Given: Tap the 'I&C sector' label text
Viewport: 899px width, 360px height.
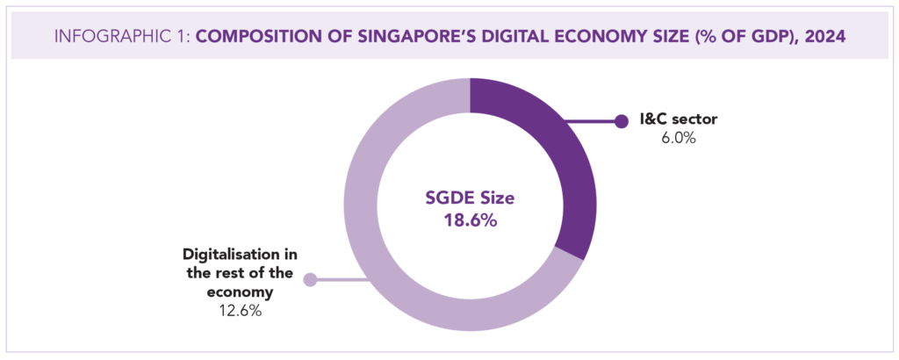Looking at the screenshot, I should click(x=670, y=119).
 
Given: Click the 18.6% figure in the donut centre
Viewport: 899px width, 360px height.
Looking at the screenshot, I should click(x=470, y=220).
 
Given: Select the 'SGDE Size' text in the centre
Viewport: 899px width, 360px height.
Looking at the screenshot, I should click(x=470, y=198).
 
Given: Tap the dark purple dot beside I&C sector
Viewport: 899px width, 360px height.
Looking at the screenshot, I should click(x=622, y=121).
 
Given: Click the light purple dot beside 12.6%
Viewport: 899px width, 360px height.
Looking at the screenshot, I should click(x=309, y=281).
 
